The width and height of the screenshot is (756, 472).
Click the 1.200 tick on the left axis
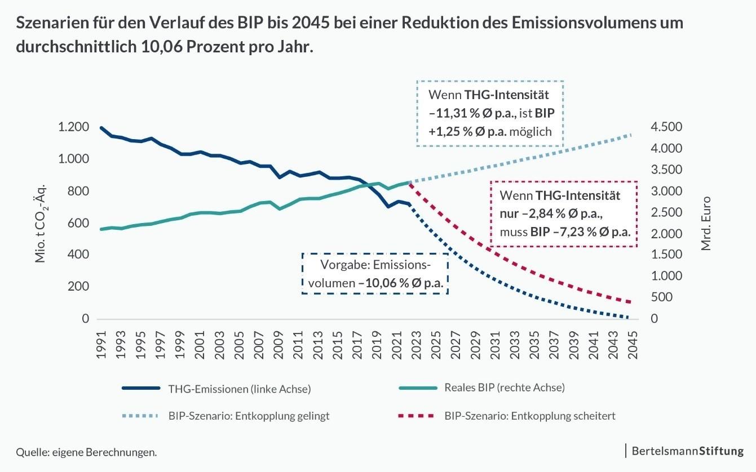point(74,127)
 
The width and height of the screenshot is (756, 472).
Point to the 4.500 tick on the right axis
point(666,127)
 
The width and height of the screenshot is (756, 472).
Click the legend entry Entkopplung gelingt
point(248,416)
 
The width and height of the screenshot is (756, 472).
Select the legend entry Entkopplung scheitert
point(529,416)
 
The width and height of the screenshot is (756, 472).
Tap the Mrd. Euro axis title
point(706,223)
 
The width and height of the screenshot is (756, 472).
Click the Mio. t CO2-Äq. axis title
point(41,223)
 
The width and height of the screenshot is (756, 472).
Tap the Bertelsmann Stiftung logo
point(687,451)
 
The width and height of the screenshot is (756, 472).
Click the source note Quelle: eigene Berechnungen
point(86,452)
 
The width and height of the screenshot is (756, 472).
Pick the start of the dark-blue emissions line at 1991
point(101,128)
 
